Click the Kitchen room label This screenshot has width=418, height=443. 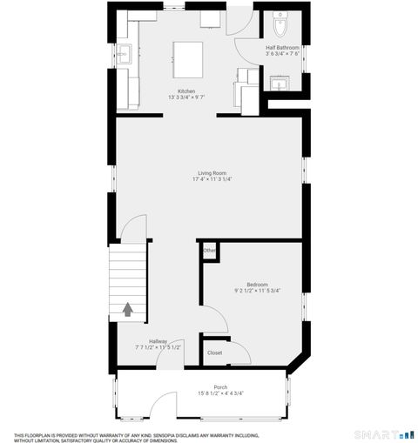(x=186, y=91)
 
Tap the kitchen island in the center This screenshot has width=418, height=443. (x=189, y=58)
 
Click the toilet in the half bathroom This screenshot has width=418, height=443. (x=280, y=22)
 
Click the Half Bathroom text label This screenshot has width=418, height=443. (x=282, y=47)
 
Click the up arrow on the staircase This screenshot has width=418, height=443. (x=127, y=308)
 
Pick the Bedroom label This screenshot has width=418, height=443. (x=257, y=284)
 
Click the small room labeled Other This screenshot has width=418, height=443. (x=209, y=252)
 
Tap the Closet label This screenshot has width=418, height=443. (x=214, y=352)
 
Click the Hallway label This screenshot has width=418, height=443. (x=158, y=341)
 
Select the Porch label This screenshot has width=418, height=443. (x=220, y=387)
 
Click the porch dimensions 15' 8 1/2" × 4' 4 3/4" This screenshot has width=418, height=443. (x=220, y=393)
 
